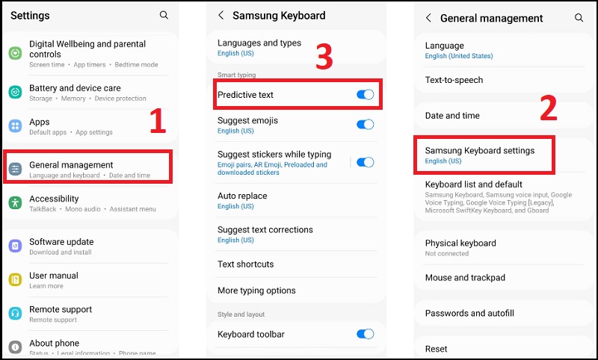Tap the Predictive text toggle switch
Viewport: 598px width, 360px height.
pyautogui.click(x=365, y=95)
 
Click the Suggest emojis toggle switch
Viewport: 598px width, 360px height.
pyautogui.click(x=365, y=125)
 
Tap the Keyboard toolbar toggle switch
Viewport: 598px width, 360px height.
pyautogui.click(x=365, y=334)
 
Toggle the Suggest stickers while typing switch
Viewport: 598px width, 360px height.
pyautogui.click(x=365, y=162)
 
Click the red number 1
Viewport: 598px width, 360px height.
pyautogui.click(x=157, y=122)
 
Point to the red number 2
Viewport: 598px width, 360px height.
pyautogui.click(x=549, y=109)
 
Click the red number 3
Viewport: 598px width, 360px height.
pyautogui.click(x=324, y=58)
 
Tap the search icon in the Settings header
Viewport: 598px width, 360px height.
pyautogui.click(x=164, y=15)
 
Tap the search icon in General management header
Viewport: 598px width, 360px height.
pyautogui.click(x=579, y=17)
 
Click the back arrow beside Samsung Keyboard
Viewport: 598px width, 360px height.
pyautogui.click(x=221, y=15)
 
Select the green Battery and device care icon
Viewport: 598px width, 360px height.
pyautogui.click(x=15, y=92)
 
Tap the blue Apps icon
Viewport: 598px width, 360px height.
pyautogui.click(x=15, y=126)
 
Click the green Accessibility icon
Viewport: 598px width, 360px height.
pyautogui.click(x=15, y=202)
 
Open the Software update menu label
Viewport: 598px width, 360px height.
pyautogui.click(x=61, y=242)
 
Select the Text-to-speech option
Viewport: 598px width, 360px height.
pyautogui.click(x=454, y=80)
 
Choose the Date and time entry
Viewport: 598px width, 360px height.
pyautogui.click(x=452, y=116)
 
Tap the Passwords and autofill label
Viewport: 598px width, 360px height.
pyautogui.click(x=469, y=314)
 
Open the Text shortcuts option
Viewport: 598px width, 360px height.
pyautogui.click(x=245, y=264)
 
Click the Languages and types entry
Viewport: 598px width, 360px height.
pyautogui.click(x=259, y=43)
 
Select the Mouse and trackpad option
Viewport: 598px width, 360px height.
pyautogui.click(x=465, y=278)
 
